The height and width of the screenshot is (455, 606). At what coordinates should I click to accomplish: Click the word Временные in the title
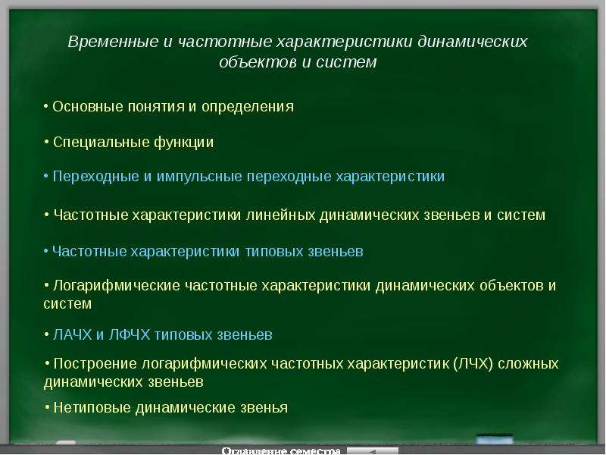click(x=113, y=42)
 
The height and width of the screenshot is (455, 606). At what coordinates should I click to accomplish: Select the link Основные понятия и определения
click(x=173, y=107)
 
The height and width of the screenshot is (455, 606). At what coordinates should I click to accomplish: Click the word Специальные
click(x=102, y=143)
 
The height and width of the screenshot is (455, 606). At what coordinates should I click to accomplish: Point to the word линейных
click(x=280, y=215)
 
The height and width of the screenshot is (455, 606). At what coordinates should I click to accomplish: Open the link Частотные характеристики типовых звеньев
click(x=208, y=252)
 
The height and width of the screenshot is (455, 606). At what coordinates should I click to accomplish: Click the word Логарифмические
click(x=117, y=286)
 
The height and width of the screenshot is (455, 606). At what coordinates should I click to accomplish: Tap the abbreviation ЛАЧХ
click(x=72, y=335)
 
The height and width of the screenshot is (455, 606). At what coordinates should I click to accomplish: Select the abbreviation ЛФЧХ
click(x=129, y=335)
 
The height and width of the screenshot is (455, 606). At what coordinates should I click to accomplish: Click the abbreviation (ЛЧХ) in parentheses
click(x=473, y=364)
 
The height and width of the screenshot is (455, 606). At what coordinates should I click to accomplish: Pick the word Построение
click(x=95, y=364)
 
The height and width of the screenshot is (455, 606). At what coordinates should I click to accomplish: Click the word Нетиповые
click(x=92, y=408)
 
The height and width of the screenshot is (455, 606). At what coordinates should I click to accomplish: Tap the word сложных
click(x=528, y=364)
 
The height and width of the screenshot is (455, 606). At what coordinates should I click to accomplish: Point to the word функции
click(x=183, y=143)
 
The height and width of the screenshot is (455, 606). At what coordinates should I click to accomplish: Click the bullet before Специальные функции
click(x=46, y=142)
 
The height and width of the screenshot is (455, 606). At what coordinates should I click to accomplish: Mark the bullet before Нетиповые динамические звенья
click(x=47, y=407)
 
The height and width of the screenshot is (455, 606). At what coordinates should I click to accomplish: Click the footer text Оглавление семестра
click(x=281, y=450)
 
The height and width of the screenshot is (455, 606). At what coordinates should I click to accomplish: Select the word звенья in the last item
click(x=264, y=408)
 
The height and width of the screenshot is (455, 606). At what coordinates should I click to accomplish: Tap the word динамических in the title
click(x=473, y=42)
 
